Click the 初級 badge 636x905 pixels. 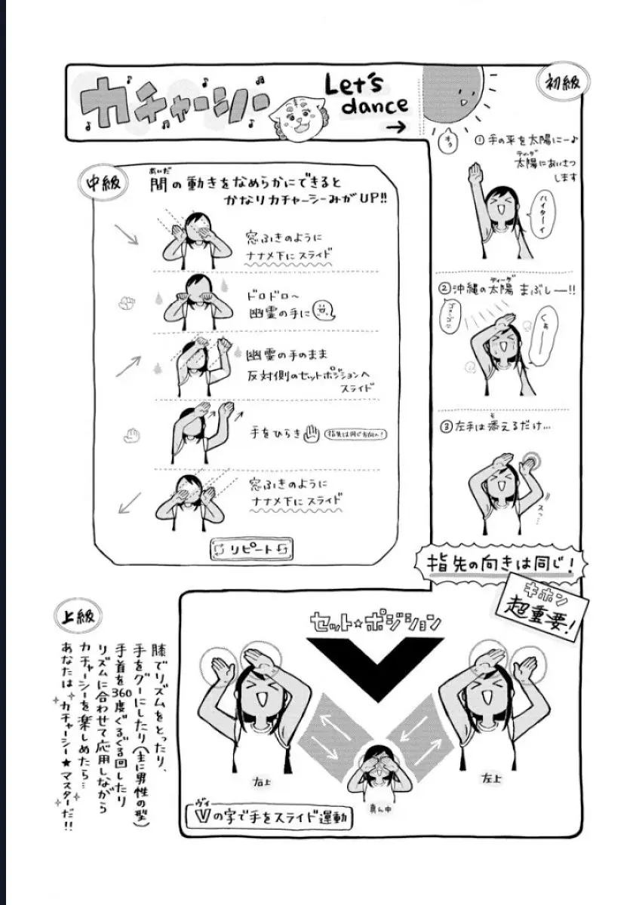point(561,81)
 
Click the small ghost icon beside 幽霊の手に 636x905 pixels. point(322,308)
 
